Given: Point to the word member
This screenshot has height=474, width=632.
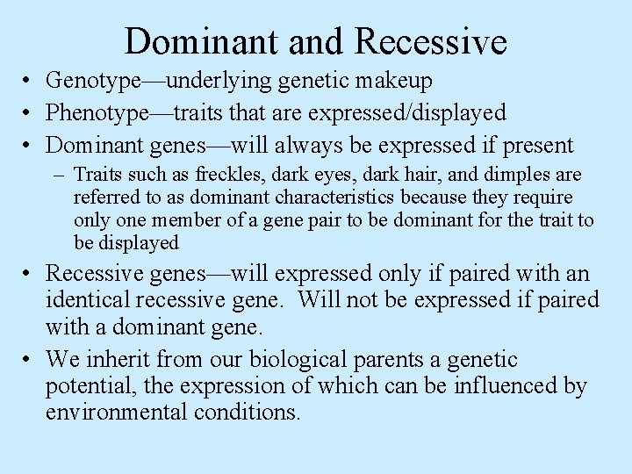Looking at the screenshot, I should coord(176,219).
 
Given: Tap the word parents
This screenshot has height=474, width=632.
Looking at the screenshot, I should coord(392,360).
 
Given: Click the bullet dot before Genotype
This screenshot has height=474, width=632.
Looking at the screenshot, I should coord(31,83).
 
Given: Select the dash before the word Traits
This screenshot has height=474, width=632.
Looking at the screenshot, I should coord(60,176).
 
